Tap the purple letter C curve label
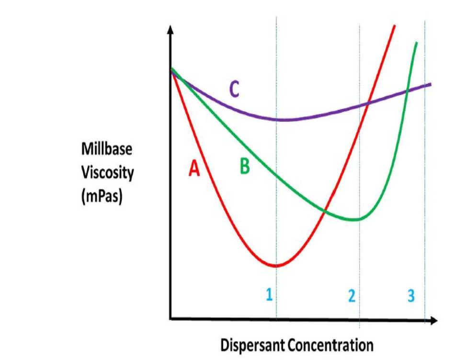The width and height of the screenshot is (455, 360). coord(234,89)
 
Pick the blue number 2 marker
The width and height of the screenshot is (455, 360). coord(352,296)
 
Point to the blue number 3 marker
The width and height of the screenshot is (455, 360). coord(411,296)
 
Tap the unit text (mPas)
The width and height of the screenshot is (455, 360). coord(102,196)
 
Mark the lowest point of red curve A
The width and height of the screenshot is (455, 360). coord(276,266)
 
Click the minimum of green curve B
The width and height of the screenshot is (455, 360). coord(355,220)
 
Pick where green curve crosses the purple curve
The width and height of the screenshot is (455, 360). coord(407,90)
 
